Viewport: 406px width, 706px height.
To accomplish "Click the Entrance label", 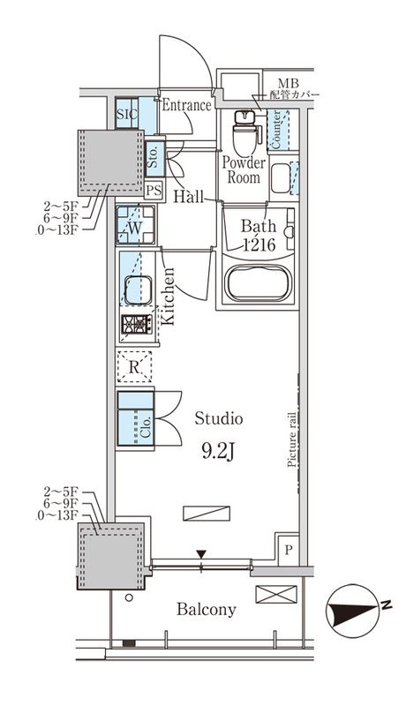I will (186, 105).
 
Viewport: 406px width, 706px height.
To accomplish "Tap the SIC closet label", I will (127, 114).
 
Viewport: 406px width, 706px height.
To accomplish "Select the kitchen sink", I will (138, 289).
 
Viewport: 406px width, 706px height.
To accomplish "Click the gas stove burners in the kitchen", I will (136, 325).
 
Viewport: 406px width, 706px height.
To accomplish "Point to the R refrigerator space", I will (133, 365).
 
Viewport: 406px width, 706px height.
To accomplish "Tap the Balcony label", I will (206, 610).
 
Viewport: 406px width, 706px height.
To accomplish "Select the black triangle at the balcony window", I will (202, 554).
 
